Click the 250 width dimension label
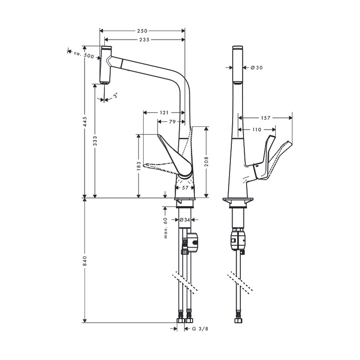142,31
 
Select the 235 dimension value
144,40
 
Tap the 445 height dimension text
85,121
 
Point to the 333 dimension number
95,141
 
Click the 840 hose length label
85,261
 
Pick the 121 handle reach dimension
164,112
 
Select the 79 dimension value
172,121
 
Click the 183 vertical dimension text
139,166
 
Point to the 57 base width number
185,188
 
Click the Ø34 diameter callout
185,220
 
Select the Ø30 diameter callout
256,67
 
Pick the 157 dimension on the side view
265,118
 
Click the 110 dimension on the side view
256,130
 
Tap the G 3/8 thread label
200,329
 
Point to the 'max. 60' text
166,228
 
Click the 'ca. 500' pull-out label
84,55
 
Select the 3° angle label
116,95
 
